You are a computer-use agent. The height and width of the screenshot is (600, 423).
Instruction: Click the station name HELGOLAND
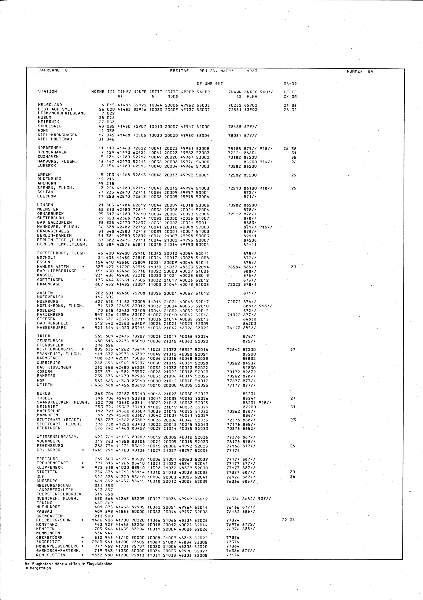tap(50, 105)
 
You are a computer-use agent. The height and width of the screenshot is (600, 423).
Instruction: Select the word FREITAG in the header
tap(179, 71)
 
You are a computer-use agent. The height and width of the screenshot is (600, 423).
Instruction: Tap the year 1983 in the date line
tap(252, 71)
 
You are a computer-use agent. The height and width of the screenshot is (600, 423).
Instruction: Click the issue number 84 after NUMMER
tap(371, 71)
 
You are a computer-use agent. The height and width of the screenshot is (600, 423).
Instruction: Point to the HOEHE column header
tap(98, 92)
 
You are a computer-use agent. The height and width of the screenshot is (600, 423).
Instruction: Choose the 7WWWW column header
tap(234, 92)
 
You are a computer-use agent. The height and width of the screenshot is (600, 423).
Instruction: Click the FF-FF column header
tap(290, 92)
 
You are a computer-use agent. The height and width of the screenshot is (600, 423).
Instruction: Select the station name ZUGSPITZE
tap(48, 542)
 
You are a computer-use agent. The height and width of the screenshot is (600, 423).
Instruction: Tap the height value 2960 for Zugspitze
tap(97, 542)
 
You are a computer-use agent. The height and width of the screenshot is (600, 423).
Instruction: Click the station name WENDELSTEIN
tap(51, 555)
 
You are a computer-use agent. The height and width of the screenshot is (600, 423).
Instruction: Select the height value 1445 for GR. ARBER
tap(98, 450)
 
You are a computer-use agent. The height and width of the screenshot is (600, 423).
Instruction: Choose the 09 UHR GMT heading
tap(210, 84)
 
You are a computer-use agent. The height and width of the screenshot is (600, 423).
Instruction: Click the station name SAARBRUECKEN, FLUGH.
tap(63, 402)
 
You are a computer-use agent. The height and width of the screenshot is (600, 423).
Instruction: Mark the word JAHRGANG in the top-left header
tap(49, 70)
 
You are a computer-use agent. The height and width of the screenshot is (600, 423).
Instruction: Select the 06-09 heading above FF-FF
tap(290, 84)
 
